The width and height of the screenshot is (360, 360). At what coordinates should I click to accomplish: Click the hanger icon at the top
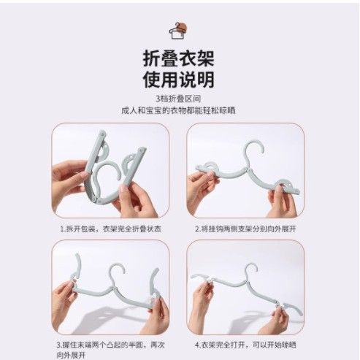click(x=178, y=31)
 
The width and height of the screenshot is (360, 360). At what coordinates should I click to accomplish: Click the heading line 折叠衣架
click(x=178, y=58)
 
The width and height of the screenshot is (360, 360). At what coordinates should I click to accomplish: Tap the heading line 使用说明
click(x=178, y=80)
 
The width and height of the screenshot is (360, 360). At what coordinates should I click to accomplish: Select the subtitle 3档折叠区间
click(x=178, y=99)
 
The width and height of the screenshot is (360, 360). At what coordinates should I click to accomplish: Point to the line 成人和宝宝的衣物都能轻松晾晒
click(x=178, y=111)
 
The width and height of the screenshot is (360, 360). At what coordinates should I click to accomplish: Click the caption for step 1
click(x=111, y=229)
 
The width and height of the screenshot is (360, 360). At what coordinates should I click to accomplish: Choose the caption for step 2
click(x=245, y=229)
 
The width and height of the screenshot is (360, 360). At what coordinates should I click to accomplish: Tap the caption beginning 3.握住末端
click(x=111, y=350)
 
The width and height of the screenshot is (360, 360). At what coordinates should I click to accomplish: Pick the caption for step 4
click(x=245, y=345)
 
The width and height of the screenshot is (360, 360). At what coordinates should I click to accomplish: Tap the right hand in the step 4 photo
click(x=276, y=321)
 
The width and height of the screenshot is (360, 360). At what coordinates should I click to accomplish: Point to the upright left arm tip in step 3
click(x=77, y=255)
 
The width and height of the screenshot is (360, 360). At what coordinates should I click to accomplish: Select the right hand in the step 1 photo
click(x=137, y=199)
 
